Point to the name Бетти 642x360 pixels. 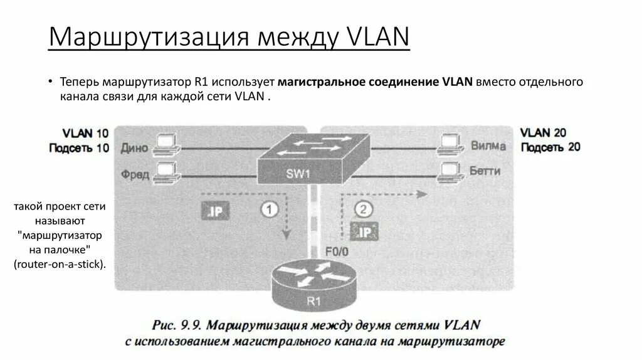485,171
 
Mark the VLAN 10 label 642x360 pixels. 85,133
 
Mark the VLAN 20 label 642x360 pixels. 543,132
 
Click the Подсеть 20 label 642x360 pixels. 550,147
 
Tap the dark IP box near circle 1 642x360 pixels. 214,211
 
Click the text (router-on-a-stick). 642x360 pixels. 60,264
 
